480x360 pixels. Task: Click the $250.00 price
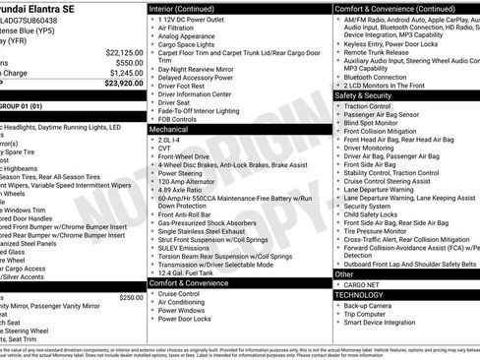click(x=130, y=297)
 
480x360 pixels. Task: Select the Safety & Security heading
click(x=364, y=95)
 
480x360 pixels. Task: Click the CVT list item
click(x=165, y=149)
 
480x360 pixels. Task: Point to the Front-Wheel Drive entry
click(x=184, y=156)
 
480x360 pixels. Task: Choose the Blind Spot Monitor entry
click(x=373, y=123)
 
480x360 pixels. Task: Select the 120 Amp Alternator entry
click(x=186, y=182)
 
